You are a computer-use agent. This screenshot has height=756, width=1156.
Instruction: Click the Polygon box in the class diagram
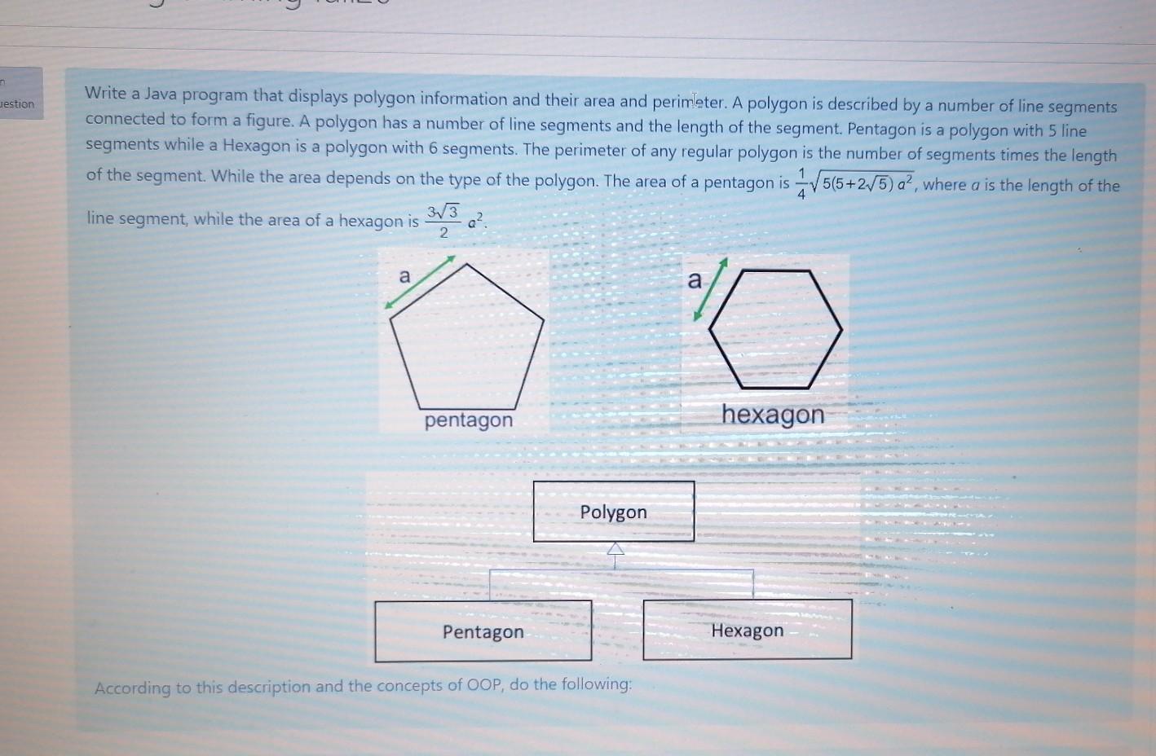click(x=614, y=512)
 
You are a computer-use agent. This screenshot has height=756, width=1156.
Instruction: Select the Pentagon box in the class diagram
click(x=483, y=631)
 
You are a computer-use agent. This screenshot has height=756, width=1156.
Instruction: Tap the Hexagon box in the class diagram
click(x=748, y=630)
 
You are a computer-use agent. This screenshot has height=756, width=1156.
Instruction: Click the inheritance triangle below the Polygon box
click(x=616, y=549)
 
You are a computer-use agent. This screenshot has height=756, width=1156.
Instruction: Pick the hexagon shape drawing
click(x=775, y=329)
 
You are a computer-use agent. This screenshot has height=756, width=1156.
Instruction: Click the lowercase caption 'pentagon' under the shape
click(x=469, y=420)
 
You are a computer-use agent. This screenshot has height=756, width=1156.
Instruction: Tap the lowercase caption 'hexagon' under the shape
click(x=773, y=415)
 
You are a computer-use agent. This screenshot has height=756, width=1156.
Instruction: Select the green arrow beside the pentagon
click(x=420, y=282)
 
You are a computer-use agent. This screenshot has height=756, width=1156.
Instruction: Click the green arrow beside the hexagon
click(x=710, y=289)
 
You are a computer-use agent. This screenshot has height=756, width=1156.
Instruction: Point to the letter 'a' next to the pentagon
click(x=404, y=276)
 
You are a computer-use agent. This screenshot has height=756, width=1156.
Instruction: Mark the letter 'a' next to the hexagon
click(x=694, y=280)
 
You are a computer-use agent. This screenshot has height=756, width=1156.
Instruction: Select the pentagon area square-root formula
click(x=856, y=183)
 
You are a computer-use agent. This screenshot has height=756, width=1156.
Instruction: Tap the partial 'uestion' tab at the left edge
click(x=18, y=103)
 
